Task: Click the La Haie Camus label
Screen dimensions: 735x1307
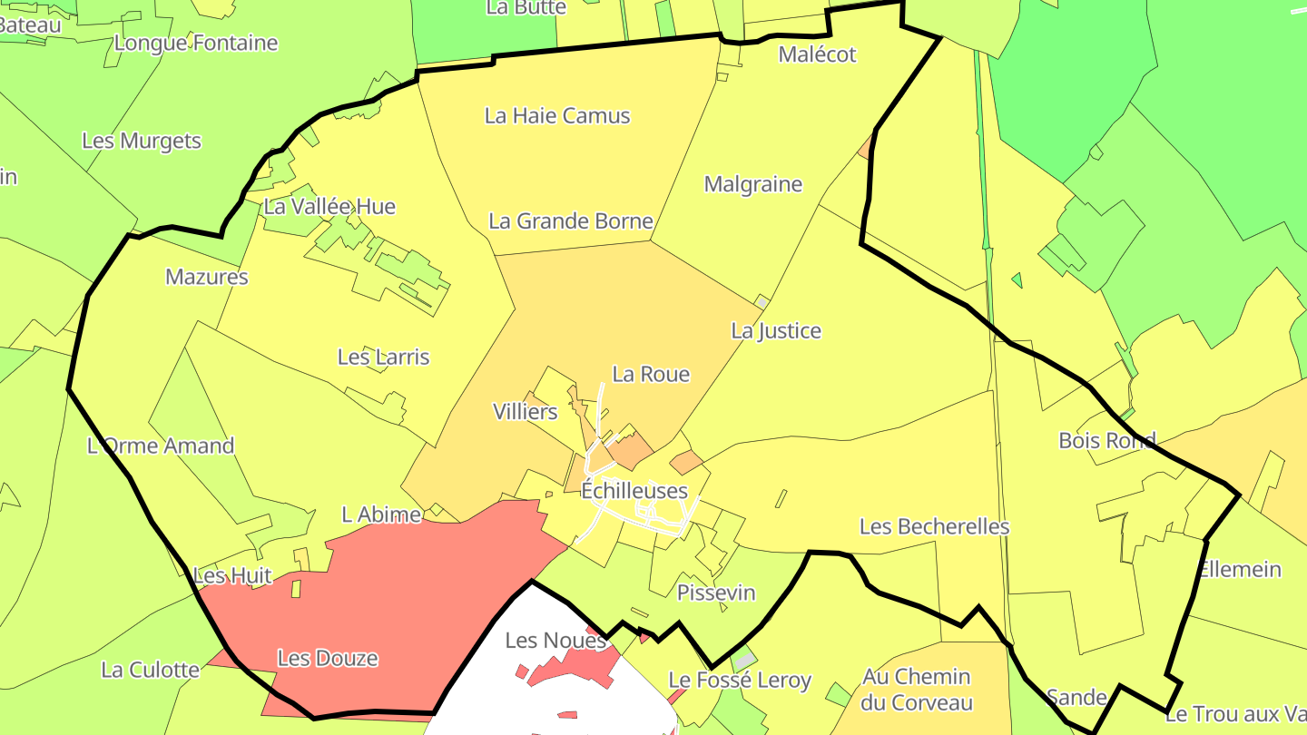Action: pos(557,116)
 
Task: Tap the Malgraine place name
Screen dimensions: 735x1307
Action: pos(753,185)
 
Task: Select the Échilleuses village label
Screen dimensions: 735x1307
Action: pos(634,491)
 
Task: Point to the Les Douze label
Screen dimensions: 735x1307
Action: pos(328,659)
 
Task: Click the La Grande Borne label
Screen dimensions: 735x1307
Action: pos(571,221)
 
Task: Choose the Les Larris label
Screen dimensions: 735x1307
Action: pos(383,358)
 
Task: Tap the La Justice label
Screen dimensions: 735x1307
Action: pos(776,331)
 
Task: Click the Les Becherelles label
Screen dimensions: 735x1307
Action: pos(934,527)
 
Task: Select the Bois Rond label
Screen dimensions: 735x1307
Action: pos(1107,441)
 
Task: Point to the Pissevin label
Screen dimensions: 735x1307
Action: pos(716,593)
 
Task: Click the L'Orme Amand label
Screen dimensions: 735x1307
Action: pos(161,446)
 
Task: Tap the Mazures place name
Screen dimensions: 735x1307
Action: pos(207,278)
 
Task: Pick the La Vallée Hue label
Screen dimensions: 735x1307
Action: pos(329,207)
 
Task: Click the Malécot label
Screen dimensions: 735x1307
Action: pos(817,54)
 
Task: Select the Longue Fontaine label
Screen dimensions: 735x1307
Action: pos(196,44)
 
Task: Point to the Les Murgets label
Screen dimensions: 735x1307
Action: pos(142,142)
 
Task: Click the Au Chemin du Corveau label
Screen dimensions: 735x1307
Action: pos(917,690)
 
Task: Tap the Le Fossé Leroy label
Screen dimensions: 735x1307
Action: pos(740,681)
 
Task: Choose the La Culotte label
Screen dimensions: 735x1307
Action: pos(150,671)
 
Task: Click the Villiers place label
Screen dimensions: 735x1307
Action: pos(525,412)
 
